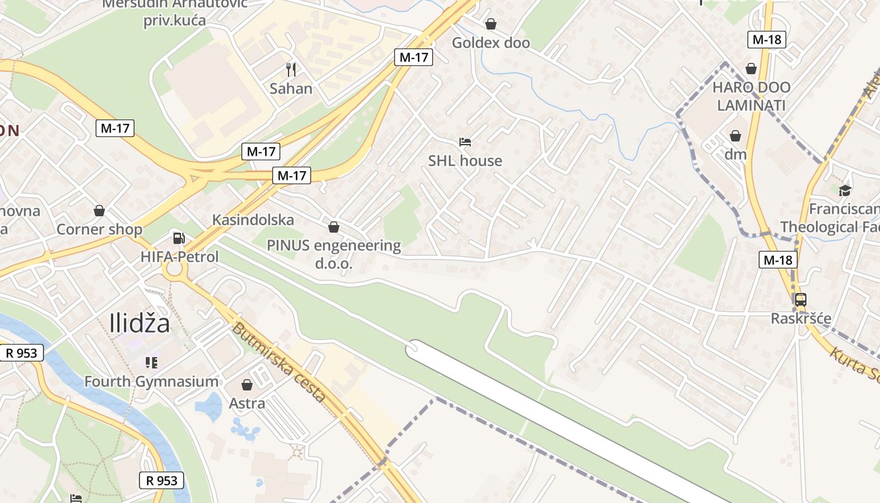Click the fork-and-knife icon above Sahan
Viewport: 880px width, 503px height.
pyautogui.click(x=290, y=69)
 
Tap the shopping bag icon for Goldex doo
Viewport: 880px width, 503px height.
pyautogui.click(x=491, y=24)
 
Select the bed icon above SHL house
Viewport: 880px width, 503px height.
pyautogui.click(x=465, y=141)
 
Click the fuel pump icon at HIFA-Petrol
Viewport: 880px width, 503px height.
pyautogui.click(x=179, y=238)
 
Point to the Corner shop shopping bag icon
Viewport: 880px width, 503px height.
pyautogui.click(x=99, y=211)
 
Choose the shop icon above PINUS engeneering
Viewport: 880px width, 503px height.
pyautogui.click(x=334, y=226)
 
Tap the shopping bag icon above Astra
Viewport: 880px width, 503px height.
pyautogui.click(x=247, y=384)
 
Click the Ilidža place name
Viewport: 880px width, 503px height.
pyautogui.click(x=140, y=323)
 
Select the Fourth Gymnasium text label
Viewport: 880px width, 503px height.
pyautogui.click(x=151, y=382)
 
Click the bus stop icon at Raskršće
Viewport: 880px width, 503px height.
pyautogui.click(x=800, y=300)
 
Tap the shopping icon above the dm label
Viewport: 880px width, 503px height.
pyautogui.click(x=735, y=135)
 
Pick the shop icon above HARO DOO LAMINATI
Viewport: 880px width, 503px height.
pyautogui.click(x=751, y=68)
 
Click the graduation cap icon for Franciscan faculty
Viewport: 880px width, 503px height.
pyautogui.click(x=845, y=190)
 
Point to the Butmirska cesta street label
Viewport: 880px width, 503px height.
pyautogui.click(x=278, y=363)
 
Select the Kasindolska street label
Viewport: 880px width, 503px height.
pyautogui.click(x=253, y=220)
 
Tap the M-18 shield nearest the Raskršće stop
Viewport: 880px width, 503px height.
pyautogui.click(x=778, y=260)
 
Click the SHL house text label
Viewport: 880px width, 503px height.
pyautogui.click(x=465, y=161)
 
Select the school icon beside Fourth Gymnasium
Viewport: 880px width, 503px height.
pyautogui.click(x=151, y=362)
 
